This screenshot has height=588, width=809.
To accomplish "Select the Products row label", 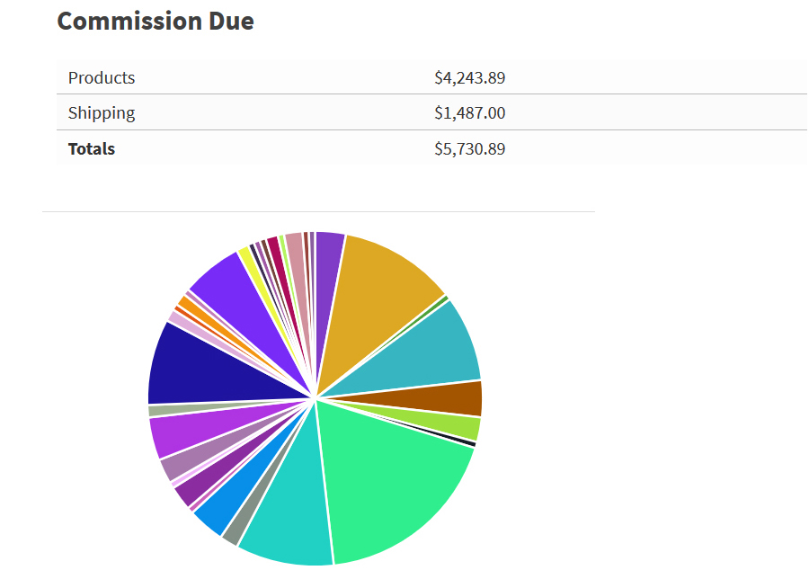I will click(x=102, y=78).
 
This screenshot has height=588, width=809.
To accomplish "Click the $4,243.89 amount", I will click(x=469, y=78).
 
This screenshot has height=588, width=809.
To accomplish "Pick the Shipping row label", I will click(x=102, y=113).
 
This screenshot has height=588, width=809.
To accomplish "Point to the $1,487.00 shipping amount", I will click(x=469, y=113).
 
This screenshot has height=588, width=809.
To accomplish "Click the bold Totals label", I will click(x=92, y=149).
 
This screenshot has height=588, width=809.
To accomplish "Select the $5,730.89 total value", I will click(x=469, y=149).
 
